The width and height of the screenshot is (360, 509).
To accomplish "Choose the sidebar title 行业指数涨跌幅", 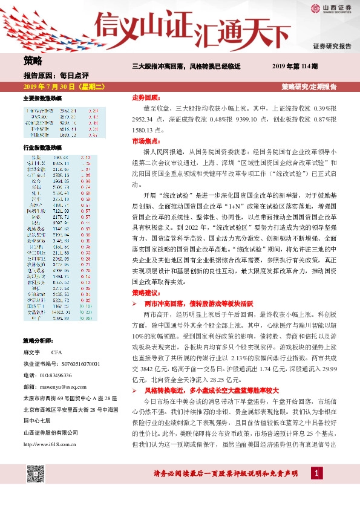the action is (43, 147).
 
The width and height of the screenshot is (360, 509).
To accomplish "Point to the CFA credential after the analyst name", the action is (56, 351).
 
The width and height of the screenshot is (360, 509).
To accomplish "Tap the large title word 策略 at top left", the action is (33, 60).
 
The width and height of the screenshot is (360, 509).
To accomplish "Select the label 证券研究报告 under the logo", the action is (332, 46).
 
